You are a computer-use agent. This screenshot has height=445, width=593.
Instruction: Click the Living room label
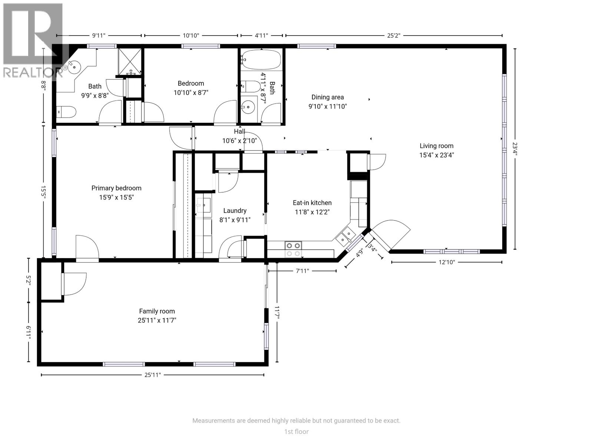point(436,146)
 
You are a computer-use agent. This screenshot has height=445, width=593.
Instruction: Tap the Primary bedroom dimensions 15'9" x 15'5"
point(116,197)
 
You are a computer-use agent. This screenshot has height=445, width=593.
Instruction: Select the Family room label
point(157,311)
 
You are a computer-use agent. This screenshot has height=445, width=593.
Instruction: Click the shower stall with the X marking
point(130,61)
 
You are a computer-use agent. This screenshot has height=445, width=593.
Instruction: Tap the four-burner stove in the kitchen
point(293,249)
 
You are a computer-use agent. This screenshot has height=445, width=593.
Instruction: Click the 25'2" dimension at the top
point(394,36)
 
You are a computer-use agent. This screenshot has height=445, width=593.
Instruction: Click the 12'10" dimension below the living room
point(447,262)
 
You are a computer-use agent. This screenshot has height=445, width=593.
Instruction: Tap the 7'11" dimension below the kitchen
point(302,271)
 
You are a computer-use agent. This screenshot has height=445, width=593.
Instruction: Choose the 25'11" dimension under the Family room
point(152,375)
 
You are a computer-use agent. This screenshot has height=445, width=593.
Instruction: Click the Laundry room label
point(235,211)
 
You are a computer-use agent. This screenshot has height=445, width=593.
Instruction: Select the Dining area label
point(327,97)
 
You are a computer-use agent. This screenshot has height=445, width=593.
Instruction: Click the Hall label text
point(239,131)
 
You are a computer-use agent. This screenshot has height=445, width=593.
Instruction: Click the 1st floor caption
point(296,431)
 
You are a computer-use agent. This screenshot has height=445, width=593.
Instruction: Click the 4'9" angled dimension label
point(359,254)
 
